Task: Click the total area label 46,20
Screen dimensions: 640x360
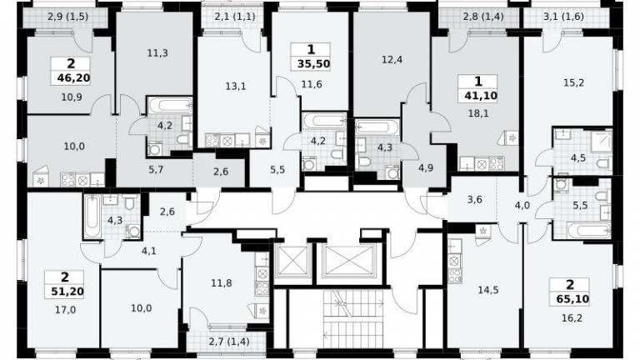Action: [73, 78]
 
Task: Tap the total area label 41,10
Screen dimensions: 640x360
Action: [480, 96]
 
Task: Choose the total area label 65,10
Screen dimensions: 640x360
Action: [572, 299]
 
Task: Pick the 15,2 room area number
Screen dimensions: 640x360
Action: [573, 82]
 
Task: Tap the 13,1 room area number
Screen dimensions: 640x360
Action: [236, 87]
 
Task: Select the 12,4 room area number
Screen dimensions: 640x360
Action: [392, 60]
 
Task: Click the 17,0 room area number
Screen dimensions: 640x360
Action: [65, 310]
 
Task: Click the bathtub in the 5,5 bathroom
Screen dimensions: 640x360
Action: [588, 231]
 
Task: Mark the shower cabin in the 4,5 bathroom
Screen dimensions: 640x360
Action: [602, 140]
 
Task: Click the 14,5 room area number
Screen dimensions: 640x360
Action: [488, 290]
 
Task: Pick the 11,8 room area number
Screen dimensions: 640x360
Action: [222, 282]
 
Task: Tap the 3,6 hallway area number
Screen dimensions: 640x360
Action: [475, 200]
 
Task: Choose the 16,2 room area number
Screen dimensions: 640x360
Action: [572, 317]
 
